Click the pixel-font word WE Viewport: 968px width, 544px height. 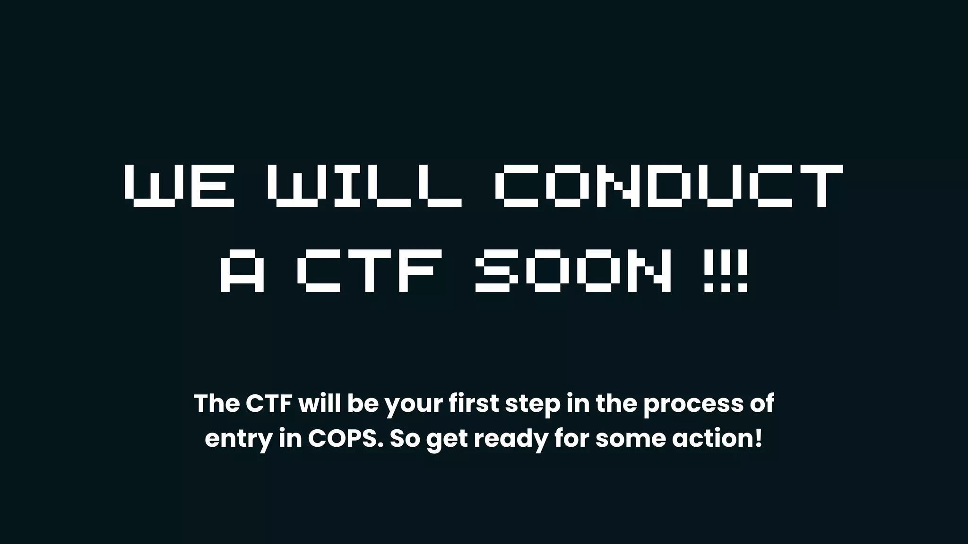(180, 186)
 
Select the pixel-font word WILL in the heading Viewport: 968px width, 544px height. (364, 186)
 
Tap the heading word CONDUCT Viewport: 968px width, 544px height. (669, 186)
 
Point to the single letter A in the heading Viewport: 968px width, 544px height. (242, 271)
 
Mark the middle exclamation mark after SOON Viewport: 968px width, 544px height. (726, 271)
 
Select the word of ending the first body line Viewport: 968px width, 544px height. (762, 403)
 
